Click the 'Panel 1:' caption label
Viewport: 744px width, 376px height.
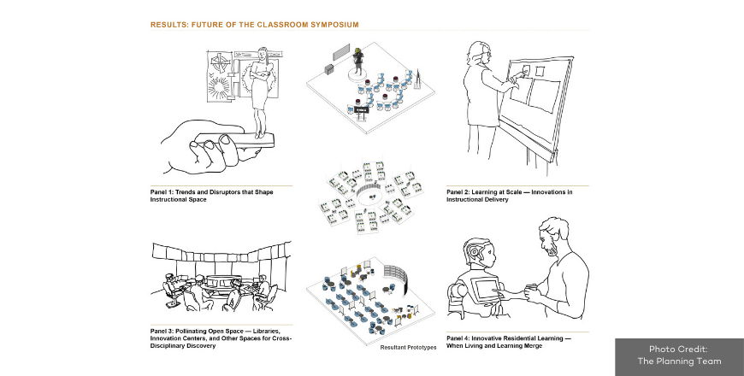pos(165,192)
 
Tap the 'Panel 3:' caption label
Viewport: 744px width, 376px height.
pos(165,330)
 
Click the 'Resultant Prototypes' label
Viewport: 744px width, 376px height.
pos(408,347)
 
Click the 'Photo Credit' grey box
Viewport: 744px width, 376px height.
pos(679,355)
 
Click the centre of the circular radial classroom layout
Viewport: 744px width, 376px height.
pos(374,196)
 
